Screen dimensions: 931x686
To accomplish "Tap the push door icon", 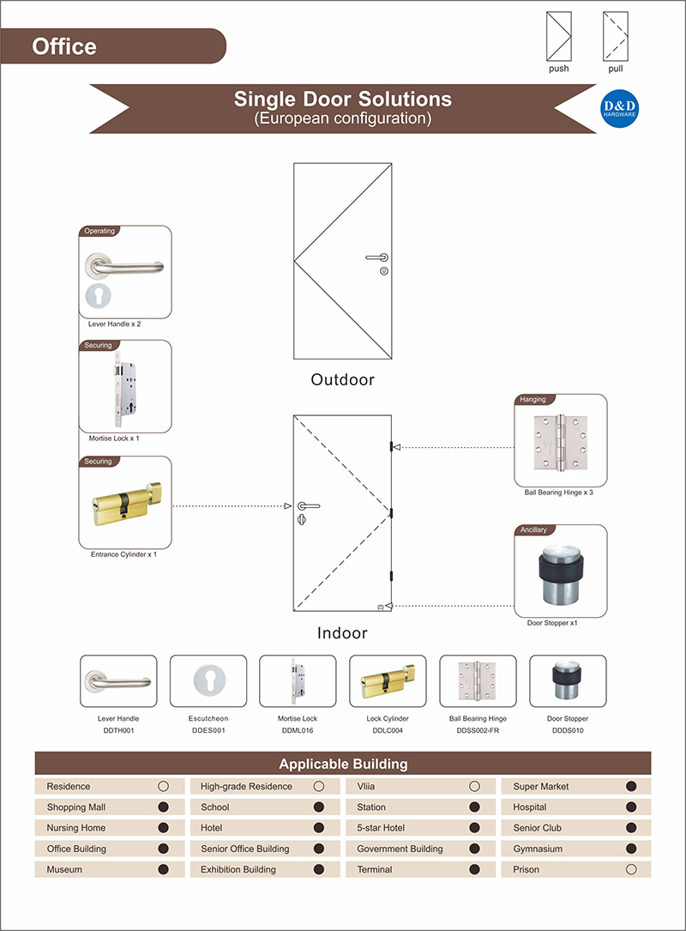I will pyautogui.click(x=559, y=35).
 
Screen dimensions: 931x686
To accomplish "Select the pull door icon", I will pyautogui.click(x=616, y=35).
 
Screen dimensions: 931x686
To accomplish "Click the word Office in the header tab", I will pyautogui.click(x=64, y=46).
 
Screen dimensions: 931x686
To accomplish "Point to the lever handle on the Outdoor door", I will pyautogui.click(x=376, y=257).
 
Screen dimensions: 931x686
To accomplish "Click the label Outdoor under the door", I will pyautogui.click(x=343, y=379).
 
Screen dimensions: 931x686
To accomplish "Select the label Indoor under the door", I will pyautogui.click(x=342, y=633).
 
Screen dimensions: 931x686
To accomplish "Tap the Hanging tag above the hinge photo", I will pyautogui.click(x=533, y=400).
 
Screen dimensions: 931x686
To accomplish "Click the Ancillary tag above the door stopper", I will pyautogui.click(x=533, y=530).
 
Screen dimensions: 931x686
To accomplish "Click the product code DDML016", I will pyautogui.click(x=298, y=730).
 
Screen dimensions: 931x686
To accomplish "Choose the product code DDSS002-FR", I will pyautogui.click(x=478, y=730).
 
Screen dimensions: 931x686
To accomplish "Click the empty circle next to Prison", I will pyautogui.click(x=632, y=869).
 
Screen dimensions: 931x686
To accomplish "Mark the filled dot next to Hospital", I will pyautogui.click(x=632, y=807).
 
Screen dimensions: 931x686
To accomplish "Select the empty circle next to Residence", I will pyautogui.click(x=163, y=786).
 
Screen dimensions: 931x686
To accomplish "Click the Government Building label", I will pyautogui.click(x=400, y=849).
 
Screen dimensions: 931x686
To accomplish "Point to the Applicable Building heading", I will pyautogui.click(x=343, y=764).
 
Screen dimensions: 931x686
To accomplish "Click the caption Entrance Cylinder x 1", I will pyautogui.click(x=123, y=554).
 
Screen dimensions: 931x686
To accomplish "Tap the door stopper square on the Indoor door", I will pyautogui.click(x=380, y=607).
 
